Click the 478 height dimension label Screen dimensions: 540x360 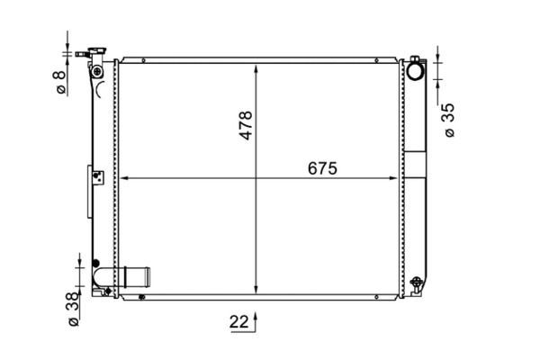pyautogui.click(x=247, y=125)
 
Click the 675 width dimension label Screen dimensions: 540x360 pyautogui.click(x=322, y=168)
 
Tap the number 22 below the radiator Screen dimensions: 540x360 pyautogui.click(x=238, y=322)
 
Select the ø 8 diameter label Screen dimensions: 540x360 pyautogui.click(x=60, y=82)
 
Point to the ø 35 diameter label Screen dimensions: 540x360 pyautogui.click(x=450, y=120)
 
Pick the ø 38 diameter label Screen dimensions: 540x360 pyautogui.click(x=74, y=309)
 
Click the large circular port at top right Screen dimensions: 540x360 pyautogui.click(x=416, y=70)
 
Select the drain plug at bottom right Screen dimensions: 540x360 pyautogui.click(x=417, y=283)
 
